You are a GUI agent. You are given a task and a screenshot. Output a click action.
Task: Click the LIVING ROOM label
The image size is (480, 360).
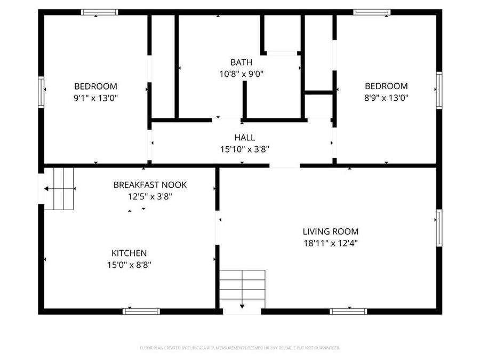331,231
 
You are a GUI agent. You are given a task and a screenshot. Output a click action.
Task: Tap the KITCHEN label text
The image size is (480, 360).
129,253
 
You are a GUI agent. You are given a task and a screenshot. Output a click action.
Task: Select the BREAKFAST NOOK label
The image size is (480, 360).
150,185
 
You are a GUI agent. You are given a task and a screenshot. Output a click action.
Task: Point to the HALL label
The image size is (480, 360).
244,138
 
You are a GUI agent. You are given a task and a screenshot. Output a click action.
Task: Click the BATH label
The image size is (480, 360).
241,62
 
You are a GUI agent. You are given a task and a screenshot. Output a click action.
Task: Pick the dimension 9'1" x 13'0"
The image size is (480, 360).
95,98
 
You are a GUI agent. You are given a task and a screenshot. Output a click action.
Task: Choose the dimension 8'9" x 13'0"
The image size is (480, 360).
386,98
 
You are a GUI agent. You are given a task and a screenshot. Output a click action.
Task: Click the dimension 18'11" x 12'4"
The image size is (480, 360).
331,243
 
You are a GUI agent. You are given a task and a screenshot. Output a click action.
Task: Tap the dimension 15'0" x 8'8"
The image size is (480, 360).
129,265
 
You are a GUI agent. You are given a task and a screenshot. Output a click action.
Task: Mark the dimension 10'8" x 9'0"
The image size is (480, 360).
241,74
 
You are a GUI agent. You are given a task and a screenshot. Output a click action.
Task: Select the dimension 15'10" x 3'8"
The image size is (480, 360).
244,149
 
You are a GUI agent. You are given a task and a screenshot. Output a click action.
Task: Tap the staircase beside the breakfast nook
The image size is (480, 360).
59,188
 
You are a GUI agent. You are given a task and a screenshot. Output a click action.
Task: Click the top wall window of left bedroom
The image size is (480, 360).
99,12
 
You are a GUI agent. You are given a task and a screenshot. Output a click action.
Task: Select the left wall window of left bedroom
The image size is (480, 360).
41,92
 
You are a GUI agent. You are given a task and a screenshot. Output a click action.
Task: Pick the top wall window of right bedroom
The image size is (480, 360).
372,12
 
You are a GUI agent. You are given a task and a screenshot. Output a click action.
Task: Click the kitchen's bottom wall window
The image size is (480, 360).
141,311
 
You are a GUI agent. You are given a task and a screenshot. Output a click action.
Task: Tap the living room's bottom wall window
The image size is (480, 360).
348,311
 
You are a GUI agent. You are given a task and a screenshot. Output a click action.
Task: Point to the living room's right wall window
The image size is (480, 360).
439,228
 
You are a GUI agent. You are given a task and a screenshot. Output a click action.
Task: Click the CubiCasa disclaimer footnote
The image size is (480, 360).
240,348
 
